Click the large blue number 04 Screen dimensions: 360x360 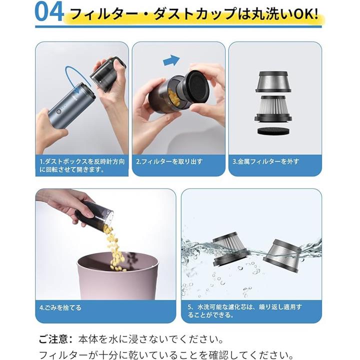point(49,11)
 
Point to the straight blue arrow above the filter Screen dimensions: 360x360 point(171,60)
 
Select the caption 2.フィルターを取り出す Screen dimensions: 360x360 point(169,161)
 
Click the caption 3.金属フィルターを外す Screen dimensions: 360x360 point(265,161)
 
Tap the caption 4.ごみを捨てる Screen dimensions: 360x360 point(60,307)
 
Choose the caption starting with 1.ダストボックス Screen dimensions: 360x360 point(82,165)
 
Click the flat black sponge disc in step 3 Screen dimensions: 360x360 point(273,131)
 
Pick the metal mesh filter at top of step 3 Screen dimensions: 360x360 point(273,81)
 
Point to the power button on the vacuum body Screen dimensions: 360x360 point(59,112)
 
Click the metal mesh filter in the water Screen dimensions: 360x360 point(282,256)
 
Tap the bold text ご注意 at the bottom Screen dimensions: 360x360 point(53,339)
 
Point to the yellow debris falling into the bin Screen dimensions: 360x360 point(115,248)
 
